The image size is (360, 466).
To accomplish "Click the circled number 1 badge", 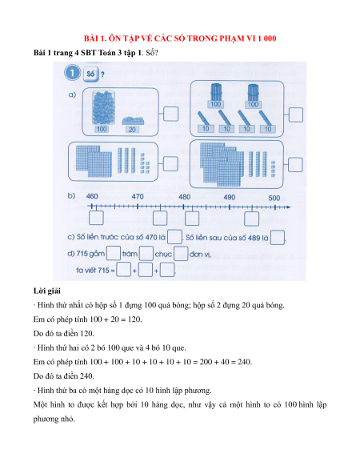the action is click(x=72, y=73).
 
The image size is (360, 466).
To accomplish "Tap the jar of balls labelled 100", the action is click(x=102, y=107).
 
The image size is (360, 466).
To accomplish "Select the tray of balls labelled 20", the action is click(x=133, y=120).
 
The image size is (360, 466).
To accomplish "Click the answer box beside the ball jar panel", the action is click(x=170, y=114).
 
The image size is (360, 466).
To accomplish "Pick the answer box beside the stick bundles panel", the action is click(x=295, y=114).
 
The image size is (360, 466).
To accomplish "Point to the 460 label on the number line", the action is click(x=92, y=196).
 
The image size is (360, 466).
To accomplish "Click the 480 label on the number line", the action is click(x=184, y=197).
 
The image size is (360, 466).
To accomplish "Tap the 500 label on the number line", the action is click(x=274, y=198).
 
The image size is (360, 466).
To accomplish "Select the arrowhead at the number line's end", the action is click(x=287, y=207).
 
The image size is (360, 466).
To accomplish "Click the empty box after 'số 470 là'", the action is click(x=174, y=238).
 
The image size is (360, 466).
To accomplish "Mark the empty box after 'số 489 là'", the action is click(x=278, y=238).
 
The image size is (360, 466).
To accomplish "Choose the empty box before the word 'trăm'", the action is click(x=114, y=254).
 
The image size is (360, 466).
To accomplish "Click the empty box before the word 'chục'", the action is click(x=146, y=254).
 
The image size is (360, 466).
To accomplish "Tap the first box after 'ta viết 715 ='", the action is click(x=123, y=270).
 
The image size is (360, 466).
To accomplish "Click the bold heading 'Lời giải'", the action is click(x=47, y=291).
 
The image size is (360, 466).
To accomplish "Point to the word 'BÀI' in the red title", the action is click(x=90, y=38).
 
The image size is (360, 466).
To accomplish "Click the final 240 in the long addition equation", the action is click(x=245, y=362).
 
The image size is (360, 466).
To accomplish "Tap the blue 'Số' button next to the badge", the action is click(x=91, y=73).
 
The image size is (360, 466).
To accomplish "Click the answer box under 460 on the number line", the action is click(x=96, y=218).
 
